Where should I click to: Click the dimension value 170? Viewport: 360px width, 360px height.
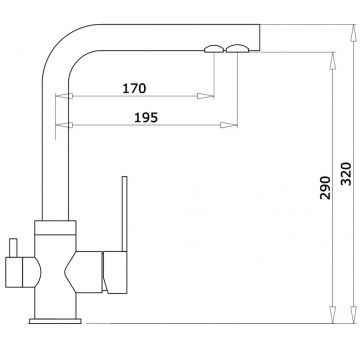click(134, 88)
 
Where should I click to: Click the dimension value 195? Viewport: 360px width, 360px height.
click(146, 117)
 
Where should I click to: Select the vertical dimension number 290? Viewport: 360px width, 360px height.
click(325, 188)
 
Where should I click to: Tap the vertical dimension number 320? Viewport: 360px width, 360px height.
click(346, 174)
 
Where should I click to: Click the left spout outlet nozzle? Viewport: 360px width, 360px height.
click(214, 49)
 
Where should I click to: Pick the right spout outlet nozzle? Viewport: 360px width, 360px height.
click(237, 49)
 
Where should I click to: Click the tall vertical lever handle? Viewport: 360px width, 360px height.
click(124, 214)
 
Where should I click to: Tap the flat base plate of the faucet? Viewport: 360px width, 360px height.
click(55, 321)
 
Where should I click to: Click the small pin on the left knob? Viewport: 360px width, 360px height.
click(13, 248)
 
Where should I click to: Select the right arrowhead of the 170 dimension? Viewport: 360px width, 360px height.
click(205, 96)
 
